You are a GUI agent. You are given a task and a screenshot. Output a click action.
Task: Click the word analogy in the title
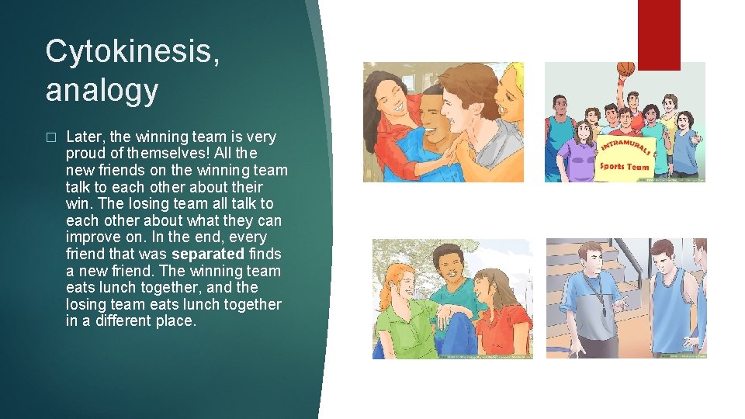tap(101, 90)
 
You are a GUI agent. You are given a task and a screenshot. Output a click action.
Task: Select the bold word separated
tap(207, 254)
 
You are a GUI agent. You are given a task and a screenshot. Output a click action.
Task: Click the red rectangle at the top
tap(658, 35)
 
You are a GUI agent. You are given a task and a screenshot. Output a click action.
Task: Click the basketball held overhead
tap(625, 70)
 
